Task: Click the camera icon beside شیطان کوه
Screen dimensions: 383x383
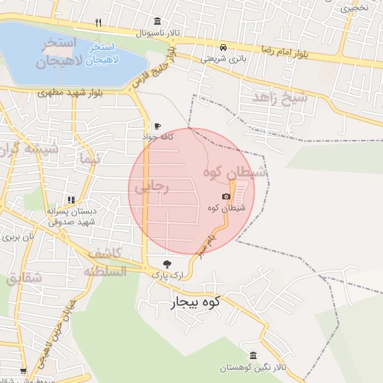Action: click(227, 197)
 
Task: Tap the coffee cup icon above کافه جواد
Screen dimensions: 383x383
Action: click(156, 126)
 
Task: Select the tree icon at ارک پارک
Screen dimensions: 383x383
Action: click(167, 263)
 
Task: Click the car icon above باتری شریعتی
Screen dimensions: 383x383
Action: click(225, 46)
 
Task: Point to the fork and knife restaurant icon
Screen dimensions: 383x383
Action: click(99, 23)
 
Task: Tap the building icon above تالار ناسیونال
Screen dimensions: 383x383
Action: click(156, 21)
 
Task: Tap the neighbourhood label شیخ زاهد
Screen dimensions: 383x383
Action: click(279, 97)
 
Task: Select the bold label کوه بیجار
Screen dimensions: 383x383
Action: click(189, 302)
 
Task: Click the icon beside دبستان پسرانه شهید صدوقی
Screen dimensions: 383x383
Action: click(71, 200)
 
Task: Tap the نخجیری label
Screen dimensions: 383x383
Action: click(356, 8)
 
